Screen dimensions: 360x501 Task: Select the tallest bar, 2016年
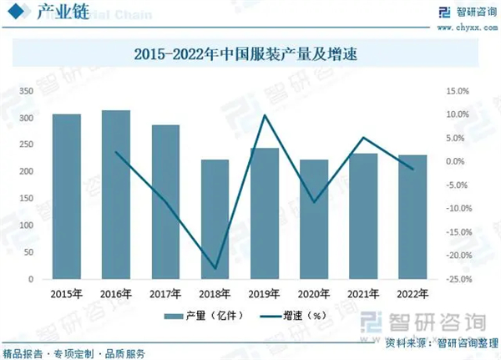coord(115,195)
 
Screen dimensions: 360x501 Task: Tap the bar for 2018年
coord(215,220)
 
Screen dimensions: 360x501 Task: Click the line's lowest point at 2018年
coord(215,269)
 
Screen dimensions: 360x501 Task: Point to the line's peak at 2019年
coord(264,115)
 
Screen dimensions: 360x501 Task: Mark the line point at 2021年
coord(363,138)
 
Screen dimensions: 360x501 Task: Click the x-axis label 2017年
coord(165,293)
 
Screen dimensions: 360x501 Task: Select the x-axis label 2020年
coord(314,293)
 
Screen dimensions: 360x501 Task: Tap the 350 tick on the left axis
coord(26,90)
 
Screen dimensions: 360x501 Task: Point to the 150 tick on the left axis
coord(26,198)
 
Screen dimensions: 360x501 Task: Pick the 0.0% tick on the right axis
coord(458,161)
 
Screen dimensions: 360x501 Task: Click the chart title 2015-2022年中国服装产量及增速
coord(250,55)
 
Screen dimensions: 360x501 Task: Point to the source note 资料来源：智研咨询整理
coord(437,343)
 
